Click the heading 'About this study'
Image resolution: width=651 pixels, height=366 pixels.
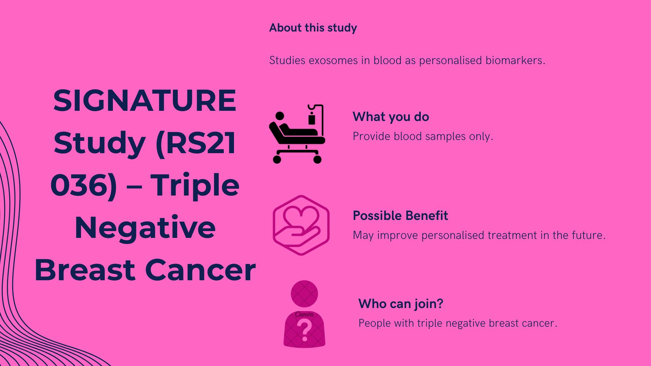point(313,28)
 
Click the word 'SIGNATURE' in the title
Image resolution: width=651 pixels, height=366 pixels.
point(145,101)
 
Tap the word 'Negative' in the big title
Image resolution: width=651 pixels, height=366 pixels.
point(145,228)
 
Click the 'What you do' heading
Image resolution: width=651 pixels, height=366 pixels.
point(391,117)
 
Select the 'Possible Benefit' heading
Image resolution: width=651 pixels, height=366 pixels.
point(400,216)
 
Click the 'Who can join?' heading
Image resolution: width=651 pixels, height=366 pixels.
point(400,304)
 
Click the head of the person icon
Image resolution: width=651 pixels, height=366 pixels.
point(304,294)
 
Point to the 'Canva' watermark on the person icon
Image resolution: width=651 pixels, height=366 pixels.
point(304,315)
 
